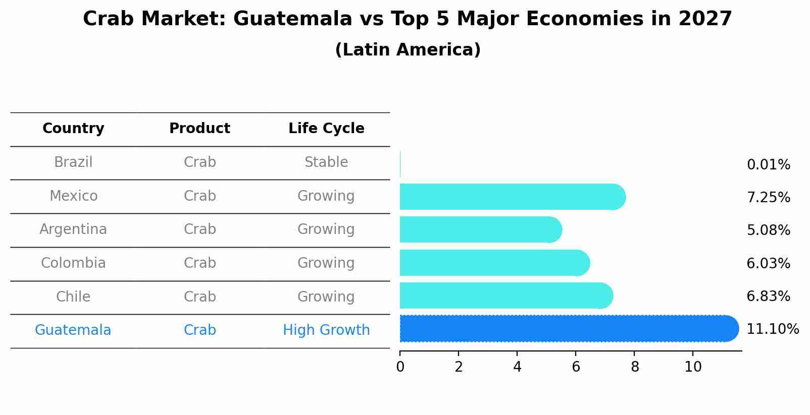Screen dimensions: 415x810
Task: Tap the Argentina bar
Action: (480, 229)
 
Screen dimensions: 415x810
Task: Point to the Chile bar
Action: (505, 295)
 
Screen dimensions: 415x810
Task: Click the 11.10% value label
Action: (772, 329)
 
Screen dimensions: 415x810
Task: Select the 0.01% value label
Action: (768, 165)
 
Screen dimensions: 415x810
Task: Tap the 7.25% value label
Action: (768, 198)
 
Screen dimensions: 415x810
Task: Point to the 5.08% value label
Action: (768, 230)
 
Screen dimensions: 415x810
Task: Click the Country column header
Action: (73, 129)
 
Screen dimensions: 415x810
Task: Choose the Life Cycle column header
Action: (326, 129)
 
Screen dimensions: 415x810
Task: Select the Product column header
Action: (199, 129)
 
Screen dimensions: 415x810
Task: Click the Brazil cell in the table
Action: (73, 162)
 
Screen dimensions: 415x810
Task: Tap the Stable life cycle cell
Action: (326, 162)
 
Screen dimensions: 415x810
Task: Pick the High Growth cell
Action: (326, 330)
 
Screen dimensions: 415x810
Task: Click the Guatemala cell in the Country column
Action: (73, 330)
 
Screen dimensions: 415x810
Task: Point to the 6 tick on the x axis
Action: (576, 367)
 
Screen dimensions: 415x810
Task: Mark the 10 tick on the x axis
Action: (693, 367)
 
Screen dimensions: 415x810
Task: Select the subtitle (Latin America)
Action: (408, 50)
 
